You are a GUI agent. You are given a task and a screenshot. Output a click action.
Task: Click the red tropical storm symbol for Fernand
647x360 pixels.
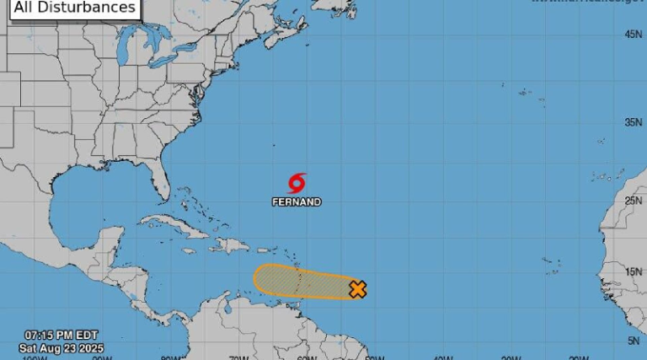(x=297, y=183)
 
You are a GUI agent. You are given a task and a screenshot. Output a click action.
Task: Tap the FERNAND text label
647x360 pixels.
(x=297, y=202)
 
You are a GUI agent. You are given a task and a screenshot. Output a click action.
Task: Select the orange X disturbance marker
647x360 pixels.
(x=357, y=289)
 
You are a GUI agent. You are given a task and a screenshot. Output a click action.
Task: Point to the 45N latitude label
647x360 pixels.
(x=634, y=35)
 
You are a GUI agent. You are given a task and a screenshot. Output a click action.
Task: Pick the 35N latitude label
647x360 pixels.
(x=634, y=122)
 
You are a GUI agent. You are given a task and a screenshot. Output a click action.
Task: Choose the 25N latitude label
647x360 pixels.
(x=634, y=201)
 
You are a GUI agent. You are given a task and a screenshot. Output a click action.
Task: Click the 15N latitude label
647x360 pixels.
(x=634, y=272)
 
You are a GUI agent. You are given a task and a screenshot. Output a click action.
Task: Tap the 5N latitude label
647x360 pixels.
(x=634, y=341)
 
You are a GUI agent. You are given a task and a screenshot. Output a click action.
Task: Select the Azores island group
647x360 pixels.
(x=527, y=91)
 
